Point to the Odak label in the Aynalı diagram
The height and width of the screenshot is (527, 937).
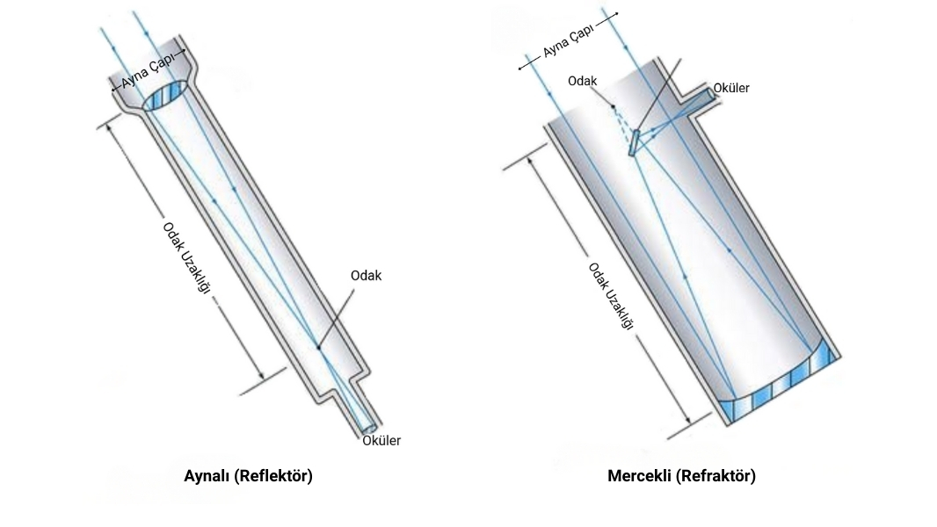click(x=366, y=276)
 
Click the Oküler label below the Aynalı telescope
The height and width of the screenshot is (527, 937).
click(x=381, y=441)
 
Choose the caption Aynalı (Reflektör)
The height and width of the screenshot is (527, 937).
click(x=248, y=476)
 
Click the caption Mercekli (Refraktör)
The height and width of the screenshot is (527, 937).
click(x=681, y=476)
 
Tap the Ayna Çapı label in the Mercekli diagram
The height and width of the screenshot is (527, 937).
click(x=568, y=41)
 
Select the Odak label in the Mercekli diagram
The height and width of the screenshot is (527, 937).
click(x=582, y=81)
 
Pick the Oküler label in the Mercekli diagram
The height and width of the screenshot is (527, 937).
click(x=731, y=88)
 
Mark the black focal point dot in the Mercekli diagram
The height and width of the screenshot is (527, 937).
click(x=614, y=106)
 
